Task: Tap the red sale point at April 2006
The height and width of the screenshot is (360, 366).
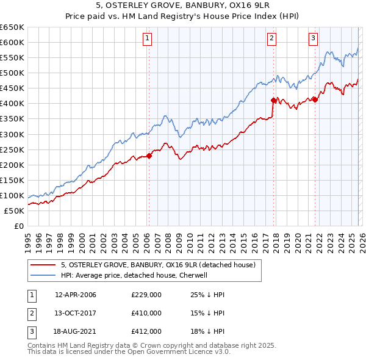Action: (149, 155)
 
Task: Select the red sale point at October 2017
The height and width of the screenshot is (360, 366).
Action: (273, 99)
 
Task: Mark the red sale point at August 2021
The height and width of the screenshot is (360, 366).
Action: (315, 99)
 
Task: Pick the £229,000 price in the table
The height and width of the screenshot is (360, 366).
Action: (146, 295)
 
